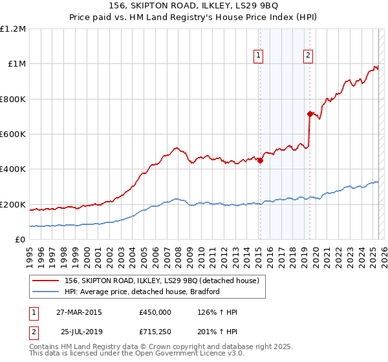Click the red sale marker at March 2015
260,161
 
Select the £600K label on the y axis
12,134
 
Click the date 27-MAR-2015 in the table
79,312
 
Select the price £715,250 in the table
155,331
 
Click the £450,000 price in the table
155,312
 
